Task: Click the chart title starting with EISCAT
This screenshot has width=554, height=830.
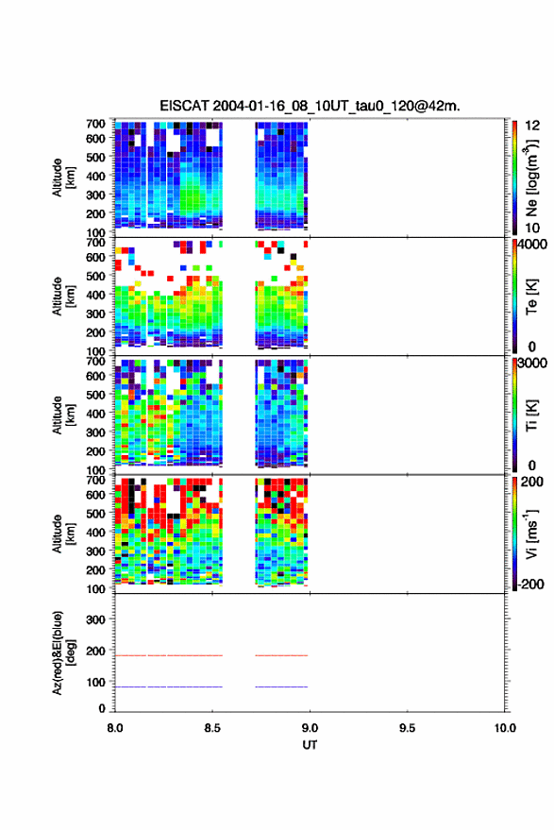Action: (310, 106)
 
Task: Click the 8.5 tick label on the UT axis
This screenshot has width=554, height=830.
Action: (212, 728)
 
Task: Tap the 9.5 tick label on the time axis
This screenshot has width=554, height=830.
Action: (407, 728)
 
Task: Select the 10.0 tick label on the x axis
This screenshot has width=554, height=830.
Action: (505, 728)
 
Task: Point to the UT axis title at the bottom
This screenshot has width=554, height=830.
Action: (310, 745)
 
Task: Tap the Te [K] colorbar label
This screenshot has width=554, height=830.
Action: (531, 296)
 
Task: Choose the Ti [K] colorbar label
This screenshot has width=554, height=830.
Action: (531, 415)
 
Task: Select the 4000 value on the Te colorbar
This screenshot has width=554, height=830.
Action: (533, 245)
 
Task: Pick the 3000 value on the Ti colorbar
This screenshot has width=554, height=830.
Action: (533, 364)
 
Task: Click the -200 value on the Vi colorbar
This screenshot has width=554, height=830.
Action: (530, 584)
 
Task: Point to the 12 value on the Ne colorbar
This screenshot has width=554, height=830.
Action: (532, 126)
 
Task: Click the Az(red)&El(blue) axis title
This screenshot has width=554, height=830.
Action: (63, 653)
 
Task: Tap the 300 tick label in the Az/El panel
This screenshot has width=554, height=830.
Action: (95, 619)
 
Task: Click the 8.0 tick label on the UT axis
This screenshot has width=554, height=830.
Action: (115, 728)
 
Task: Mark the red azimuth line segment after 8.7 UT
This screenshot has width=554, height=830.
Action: (281, 655)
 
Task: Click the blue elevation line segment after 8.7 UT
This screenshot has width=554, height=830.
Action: (281, 686)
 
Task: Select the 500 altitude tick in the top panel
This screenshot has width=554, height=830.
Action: (95, 157)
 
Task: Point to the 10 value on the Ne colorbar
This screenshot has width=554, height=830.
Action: (532, 229)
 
